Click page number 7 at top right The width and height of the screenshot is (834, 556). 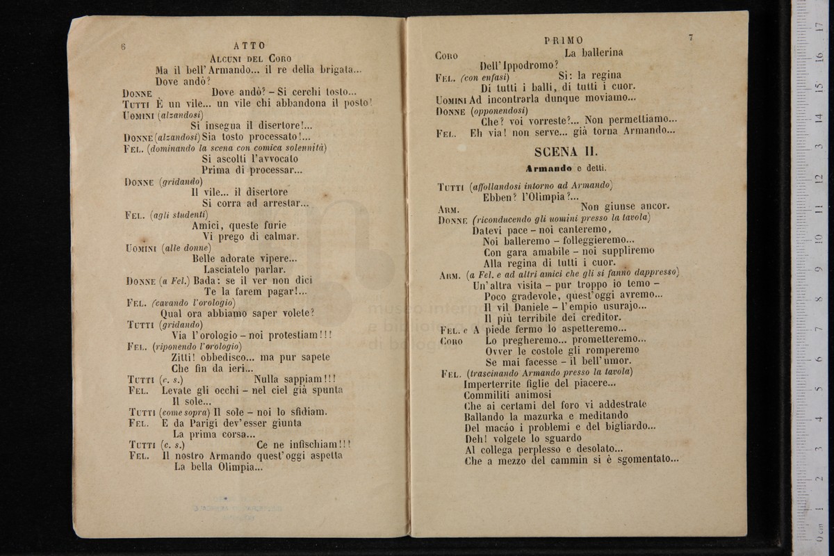690,38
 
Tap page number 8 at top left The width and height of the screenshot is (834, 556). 123,46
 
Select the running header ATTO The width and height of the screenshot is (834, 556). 249,46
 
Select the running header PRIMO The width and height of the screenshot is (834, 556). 564,40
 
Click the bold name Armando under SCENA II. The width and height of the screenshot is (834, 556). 548,168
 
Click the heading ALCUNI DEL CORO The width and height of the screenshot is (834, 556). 250,58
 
